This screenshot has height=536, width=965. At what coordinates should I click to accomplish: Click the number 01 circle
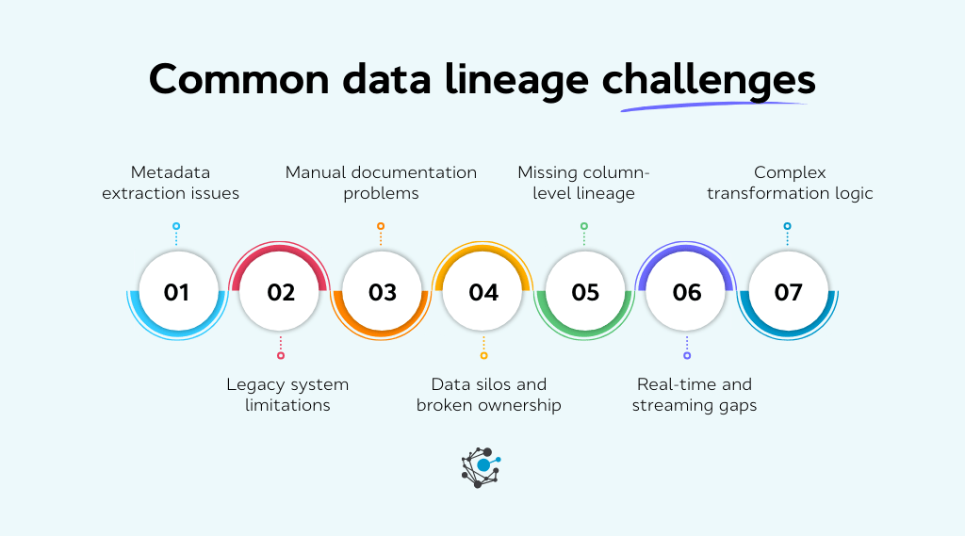click(x=176, y=292)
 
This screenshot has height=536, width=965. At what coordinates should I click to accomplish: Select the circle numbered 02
click(x=280, y=292)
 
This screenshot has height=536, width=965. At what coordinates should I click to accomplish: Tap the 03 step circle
click(x=382, y=292)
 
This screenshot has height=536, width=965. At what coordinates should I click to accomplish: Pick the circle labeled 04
click(x=483, y=292)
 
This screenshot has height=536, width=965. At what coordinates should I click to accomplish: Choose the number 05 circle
click(x=585, y=292)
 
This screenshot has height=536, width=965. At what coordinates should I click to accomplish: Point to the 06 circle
click(x=687, y=292)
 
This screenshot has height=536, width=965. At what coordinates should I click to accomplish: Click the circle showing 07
click(x=788, y=292)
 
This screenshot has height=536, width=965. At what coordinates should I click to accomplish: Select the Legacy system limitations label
click(x=287, y=395)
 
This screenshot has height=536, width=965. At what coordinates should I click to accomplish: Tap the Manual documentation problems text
click(x=381, y=183)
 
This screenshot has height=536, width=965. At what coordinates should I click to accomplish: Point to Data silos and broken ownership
click(x=488, y=395)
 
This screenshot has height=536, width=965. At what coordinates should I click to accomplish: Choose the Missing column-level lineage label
click(x=584, y=183)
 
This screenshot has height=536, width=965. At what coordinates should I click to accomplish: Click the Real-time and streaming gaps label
click(x=695, y=395)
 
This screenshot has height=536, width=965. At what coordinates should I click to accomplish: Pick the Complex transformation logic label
click(x=790, y=183)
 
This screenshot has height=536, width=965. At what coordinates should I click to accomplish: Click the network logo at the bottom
click(x=482, y=467)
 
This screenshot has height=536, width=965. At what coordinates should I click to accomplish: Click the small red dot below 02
click(x=280, y=355)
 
